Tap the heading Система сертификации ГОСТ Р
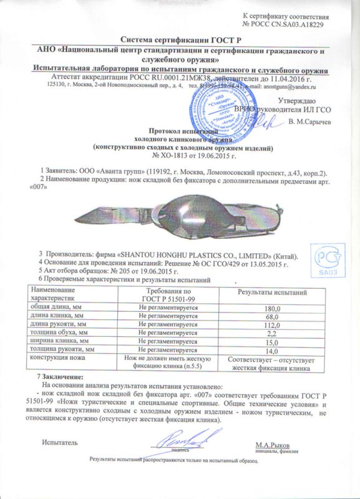[180, 39]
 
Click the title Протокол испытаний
[180, 132]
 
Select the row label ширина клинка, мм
[57, 341]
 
